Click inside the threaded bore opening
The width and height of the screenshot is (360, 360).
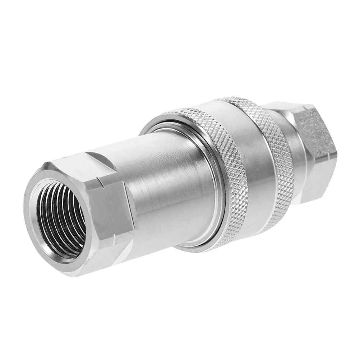[x=61, y=219]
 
